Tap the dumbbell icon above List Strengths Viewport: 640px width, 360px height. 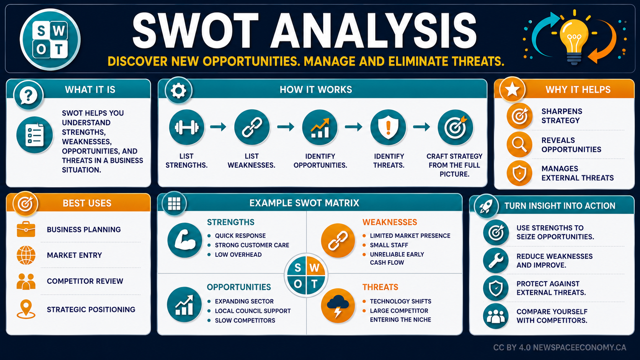coord(186,127)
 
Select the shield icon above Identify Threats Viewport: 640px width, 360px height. coord(388,127)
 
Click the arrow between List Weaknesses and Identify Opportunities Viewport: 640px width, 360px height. coord(286,127)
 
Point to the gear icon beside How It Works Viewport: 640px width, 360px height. coord(179,91)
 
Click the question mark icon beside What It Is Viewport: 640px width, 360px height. coord(28,95)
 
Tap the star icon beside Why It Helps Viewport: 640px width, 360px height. coord(512,90)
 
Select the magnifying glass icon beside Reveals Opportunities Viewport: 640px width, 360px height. coord(519,145)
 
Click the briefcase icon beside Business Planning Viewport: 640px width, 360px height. coord(26,229)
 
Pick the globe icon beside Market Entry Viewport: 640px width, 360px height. coord(26,255)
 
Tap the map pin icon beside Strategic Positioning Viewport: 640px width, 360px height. coord(26,309)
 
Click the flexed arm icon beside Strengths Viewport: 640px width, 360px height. coord(185,240)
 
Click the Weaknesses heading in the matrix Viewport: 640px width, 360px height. coord(390,222)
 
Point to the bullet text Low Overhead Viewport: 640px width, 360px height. coord(238,255)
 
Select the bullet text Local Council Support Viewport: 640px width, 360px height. coord(253,311)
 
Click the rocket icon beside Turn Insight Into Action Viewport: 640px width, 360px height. coord(486,206)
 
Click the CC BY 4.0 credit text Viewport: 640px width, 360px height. coord(560,347)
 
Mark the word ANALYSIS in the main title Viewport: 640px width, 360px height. coord(373,31)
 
